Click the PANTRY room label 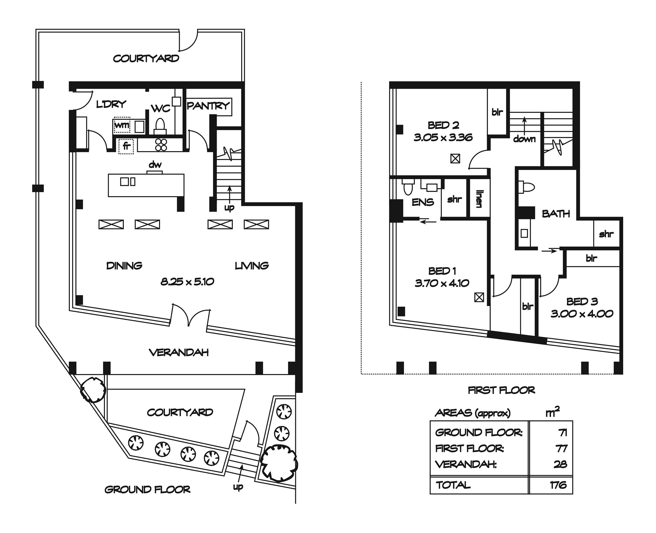[208, 106]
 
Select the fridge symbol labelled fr [126, 146]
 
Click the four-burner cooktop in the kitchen [161, 145]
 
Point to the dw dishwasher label [155, 165]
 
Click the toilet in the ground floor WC [160, 126]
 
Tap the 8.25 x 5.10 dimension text [187, 281]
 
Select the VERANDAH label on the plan [179, 353]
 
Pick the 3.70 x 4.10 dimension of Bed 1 [442, 283]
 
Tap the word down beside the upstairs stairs [524, 139]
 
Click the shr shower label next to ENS [454, 199]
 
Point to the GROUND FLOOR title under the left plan [147, 489]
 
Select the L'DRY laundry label [111, 104]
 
